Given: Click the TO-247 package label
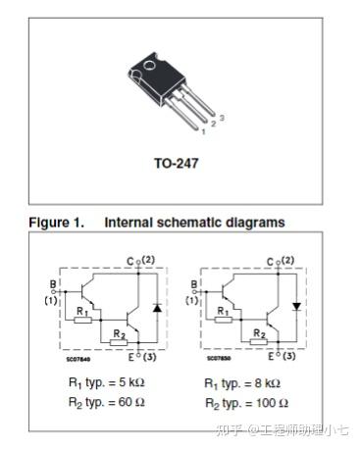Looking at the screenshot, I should tap(176, 163).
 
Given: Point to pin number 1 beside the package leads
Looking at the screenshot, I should tap(203, 130).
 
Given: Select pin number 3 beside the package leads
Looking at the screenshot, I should tap(222, 118).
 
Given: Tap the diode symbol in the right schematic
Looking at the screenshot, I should tap(295, 307).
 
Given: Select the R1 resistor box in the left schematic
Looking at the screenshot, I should tap(83, 319).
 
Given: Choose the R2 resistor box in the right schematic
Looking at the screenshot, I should tap(257, 344).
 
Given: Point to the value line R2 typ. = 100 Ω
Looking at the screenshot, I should tap(246, 403).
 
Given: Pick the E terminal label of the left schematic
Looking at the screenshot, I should tap(129, 358).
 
